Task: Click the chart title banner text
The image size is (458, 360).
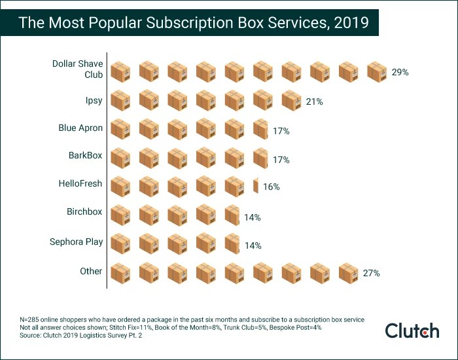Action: click(193, 23)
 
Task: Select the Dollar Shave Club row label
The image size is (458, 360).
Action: click(77, 69)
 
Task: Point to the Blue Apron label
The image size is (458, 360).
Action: click(80, 128)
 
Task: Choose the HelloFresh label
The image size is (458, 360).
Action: click(80, 184)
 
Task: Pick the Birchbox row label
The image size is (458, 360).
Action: click(84, 212)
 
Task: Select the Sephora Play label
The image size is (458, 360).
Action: click(76, 242)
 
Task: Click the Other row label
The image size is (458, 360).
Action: click(91, 271)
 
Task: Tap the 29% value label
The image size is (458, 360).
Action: click(400, 73)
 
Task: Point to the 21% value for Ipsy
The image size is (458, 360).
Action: click(314, 101)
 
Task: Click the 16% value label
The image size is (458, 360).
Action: click(271, 187)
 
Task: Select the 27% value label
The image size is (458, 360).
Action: click(371, 273)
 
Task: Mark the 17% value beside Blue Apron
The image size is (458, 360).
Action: click(281, 131)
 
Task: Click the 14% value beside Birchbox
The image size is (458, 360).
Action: click(253, 217)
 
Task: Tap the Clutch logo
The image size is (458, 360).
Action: click(412, 331)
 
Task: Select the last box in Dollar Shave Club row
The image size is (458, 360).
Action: click(378, 72)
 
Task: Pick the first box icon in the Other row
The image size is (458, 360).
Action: click(120, 272)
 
